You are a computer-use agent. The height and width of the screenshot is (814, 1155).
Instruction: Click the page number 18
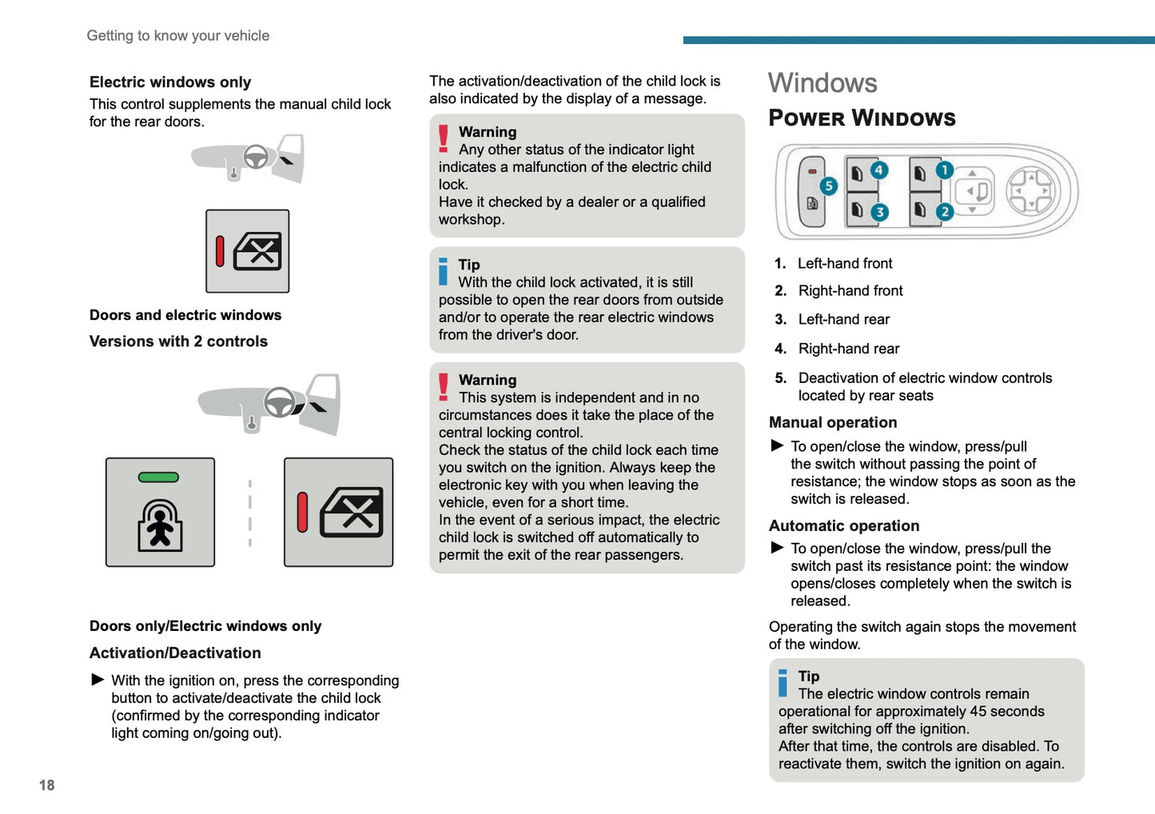[x=47, y=785]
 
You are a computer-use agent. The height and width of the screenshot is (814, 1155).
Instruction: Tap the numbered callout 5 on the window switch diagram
[x=828, y=186]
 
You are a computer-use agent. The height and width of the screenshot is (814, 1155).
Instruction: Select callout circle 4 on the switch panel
[x=878, y=170]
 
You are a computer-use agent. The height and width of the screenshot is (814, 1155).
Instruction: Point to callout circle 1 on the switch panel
[x=944, y=170]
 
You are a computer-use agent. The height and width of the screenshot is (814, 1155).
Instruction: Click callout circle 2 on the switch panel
[x=944, y=212]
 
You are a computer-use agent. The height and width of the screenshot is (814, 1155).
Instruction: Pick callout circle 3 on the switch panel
[x=878, y=212]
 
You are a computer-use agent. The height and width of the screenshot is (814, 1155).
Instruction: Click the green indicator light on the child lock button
[x=158, y=477]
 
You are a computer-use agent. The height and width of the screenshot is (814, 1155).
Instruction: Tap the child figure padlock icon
[x=160, y=525]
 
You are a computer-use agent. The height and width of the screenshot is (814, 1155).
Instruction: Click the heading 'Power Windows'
[x=862, y=118]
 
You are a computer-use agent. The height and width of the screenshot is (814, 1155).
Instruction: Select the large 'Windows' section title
[x=822, y=83]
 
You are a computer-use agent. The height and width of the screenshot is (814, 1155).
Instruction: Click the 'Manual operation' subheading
[x=833, y=422]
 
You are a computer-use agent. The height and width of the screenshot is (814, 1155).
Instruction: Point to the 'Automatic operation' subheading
[x=844, y=525]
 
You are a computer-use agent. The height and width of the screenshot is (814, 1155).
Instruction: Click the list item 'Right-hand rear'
[x=848, y=349]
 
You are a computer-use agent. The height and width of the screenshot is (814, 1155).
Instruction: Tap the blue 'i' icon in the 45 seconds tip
[x=783, y=683]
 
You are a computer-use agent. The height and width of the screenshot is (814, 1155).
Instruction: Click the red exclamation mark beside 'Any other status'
[x=444, y=138]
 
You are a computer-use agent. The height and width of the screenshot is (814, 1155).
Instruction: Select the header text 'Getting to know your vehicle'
[x=177, y=36]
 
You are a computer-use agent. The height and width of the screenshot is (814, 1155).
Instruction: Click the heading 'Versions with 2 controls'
[x=178, y=341]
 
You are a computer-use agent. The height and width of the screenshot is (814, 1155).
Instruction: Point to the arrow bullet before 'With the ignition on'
[x=98, y=680]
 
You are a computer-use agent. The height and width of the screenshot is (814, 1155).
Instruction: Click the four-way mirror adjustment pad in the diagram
[x=1030, y=192]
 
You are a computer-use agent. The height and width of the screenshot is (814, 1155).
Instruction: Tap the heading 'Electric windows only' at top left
[x=170, y=82]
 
